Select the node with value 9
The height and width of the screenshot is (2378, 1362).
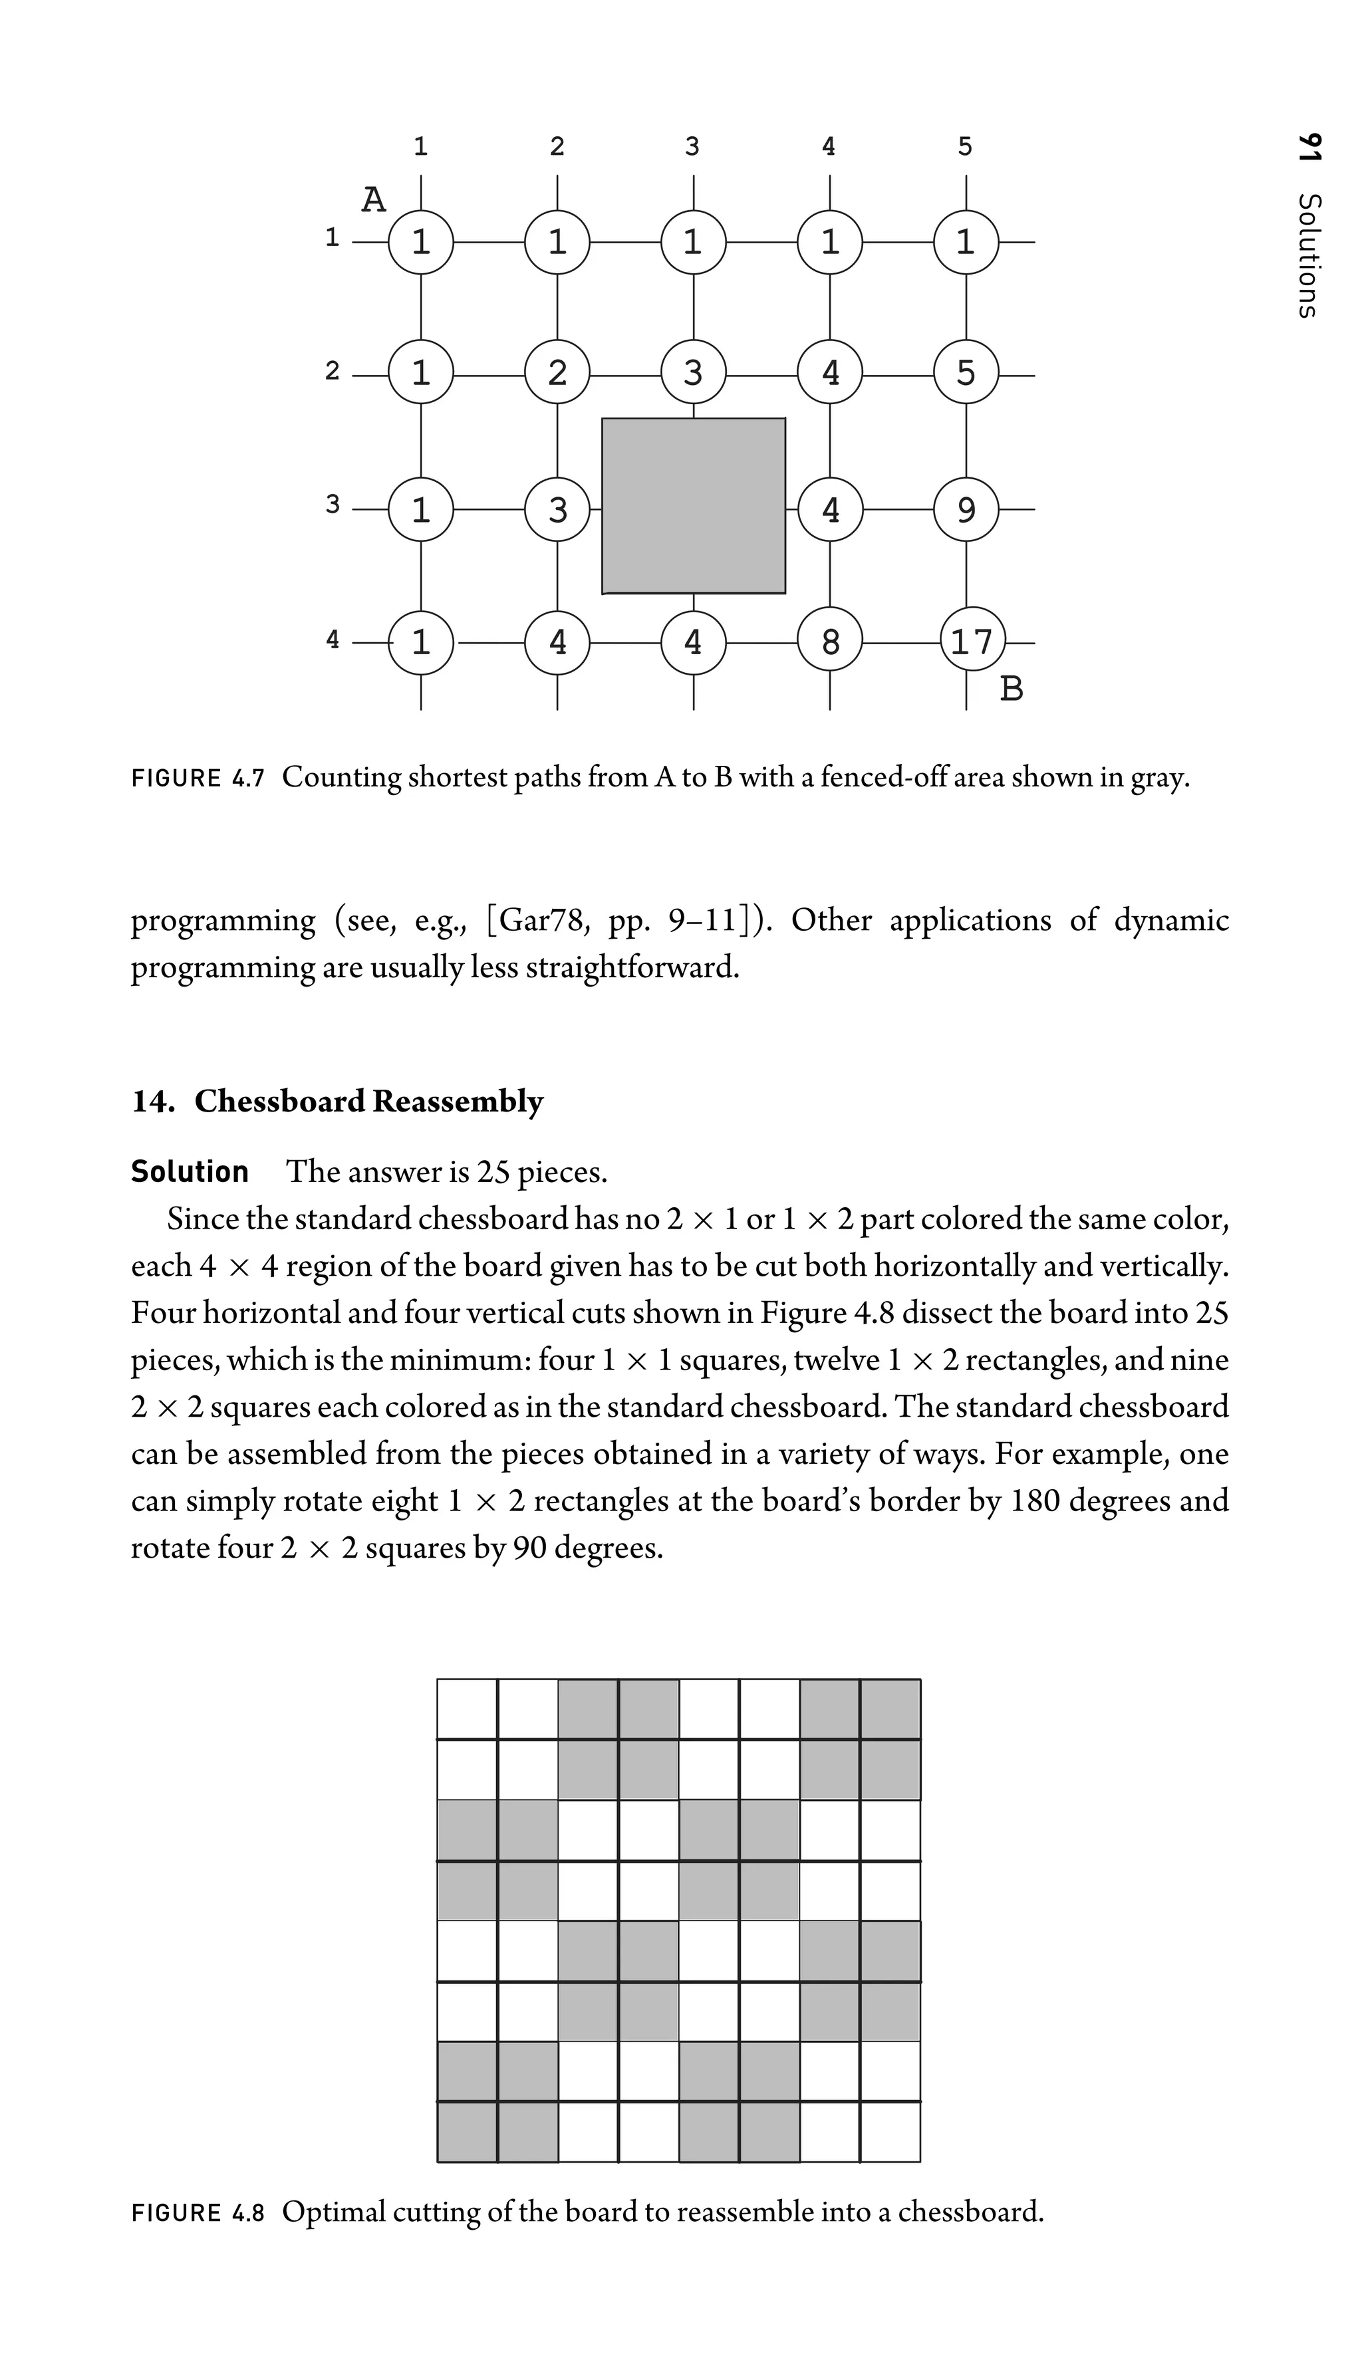click(x=966, y=510)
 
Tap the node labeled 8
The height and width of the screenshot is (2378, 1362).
click(x=830, y=642)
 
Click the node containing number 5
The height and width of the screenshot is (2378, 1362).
click(x=966, y=373)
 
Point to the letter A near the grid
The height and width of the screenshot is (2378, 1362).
click(x=373, y=200)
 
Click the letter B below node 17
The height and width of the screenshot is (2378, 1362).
click(x=1012, y=689)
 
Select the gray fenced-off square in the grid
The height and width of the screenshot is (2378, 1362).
click(x=693, y=506)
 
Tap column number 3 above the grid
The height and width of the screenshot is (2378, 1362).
click(x=692, y=146)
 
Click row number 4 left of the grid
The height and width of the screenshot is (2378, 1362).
click(x=332, y=640)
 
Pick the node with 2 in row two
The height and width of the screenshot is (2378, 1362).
click(x=557, y=373)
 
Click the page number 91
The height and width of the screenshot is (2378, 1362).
click(x=1309, y=150)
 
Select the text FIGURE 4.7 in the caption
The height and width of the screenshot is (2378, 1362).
click(x=198, y=777)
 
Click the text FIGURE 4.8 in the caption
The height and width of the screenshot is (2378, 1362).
click(x=198, y=2212)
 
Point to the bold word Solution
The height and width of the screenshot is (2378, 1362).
click(x=190, y=1171)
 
